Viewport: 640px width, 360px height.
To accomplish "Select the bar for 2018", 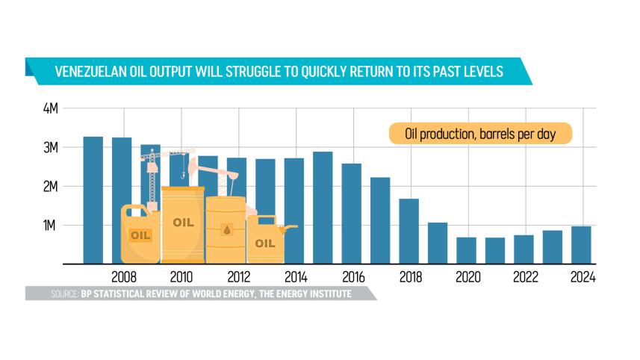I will click(408, 231).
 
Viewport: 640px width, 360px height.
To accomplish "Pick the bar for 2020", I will click(466, 250).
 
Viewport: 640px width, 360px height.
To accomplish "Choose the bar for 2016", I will click(351, 214).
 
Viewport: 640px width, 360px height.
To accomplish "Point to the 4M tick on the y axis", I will click(51, 109).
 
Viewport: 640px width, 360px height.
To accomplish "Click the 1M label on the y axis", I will click(51, 226).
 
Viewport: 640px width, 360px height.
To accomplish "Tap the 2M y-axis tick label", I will click(51, 186).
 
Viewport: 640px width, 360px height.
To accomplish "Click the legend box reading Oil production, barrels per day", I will click(479, 134).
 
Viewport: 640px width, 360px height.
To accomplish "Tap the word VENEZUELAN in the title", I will click(93, 72).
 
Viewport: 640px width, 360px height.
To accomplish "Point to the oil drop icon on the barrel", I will click(226, 229).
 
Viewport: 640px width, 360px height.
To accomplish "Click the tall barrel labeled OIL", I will click(183, 223).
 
